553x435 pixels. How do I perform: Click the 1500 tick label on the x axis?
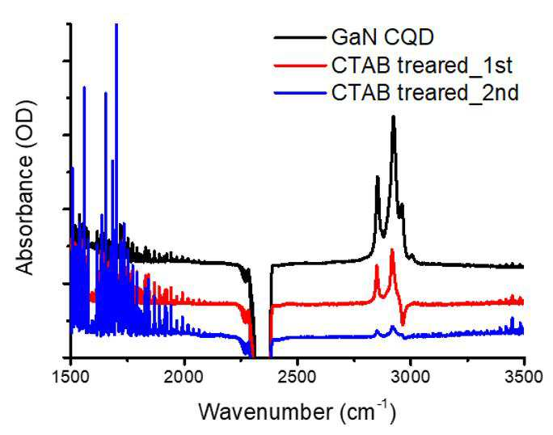point(71,377)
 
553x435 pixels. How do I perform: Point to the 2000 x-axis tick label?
point(184,377)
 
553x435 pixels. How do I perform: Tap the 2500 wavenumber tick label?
point(298,377)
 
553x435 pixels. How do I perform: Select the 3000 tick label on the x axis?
point(410,377)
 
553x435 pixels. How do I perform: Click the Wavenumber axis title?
point(265,412)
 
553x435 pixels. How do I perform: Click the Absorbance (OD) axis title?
point(25,188)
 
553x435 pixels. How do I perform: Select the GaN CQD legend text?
point(382,37)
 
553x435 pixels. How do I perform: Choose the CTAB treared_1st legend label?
point(422,65)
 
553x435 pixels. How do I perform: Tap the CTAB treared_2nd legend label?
point(425,93)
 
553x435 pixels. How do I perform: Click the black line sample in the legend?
point(300,37)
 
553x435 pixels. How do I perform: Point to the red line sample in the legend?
point(300,65)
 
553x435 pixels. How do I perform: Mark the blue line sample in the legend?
point(300,93)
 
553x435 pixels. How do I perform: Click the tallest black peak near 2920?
point(393,116)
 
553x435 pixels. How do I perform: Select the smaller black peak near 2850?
point(378,177)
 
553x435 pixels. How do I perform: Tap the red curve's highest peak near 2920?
point(392,250)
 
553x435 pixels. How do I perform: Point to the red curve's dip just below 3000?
point(403,324)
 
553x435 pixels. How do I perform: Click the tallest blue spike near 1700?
point(116,25)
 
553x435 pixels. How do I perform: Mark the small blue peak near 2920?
point(393,327)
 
